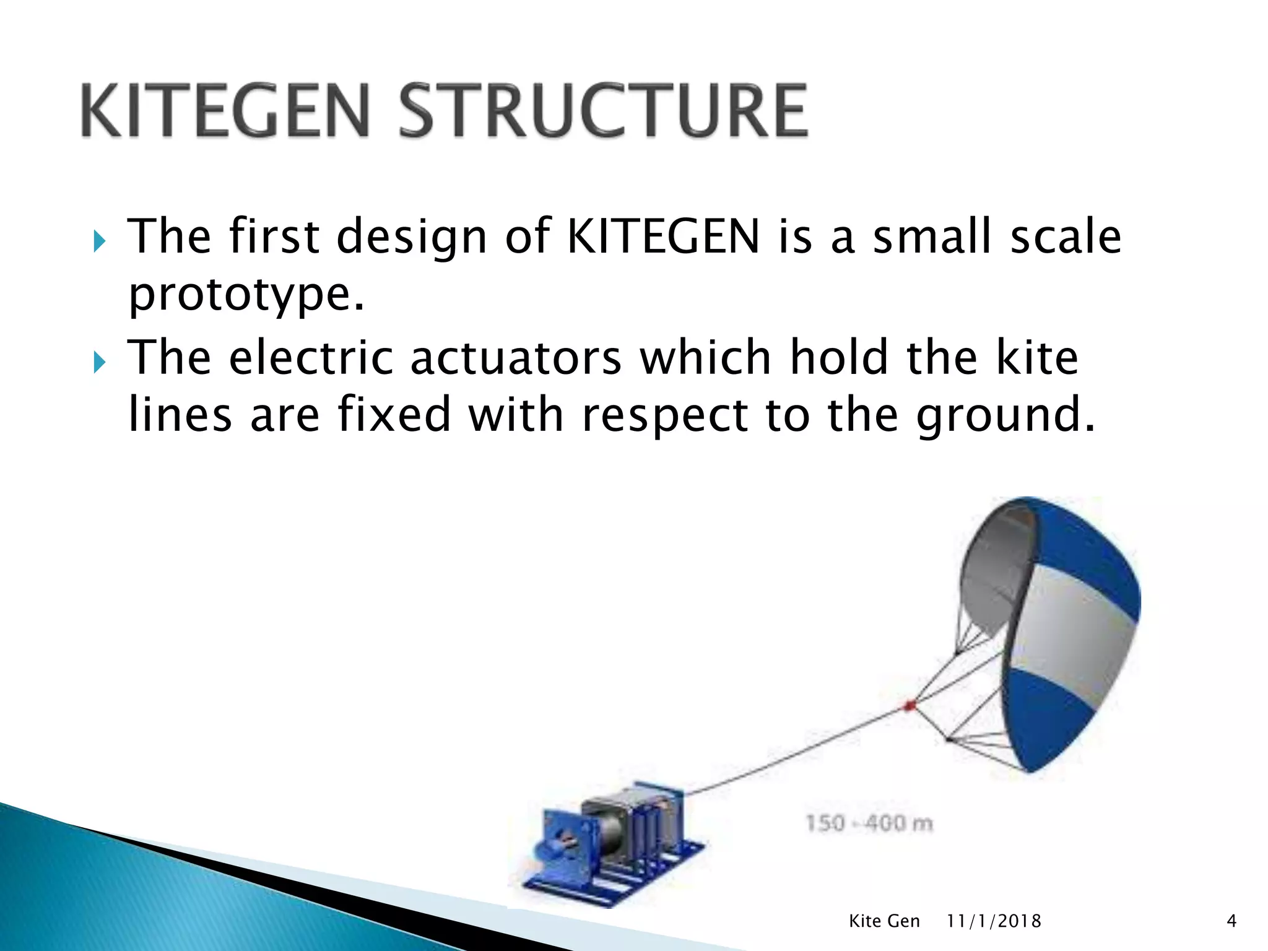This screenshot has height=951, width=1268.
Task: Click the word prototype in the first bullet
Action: coord(246,294)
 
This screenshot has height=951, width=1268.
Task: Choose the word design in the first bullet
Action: coord(412,237)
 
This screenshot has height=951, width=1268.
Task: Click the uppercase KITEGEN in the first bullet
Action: coord(663,237)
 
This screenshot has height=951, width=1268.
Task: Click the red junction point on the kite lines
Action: coord(910,705)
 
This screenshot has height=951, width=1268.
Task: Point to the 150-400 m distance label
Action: coord(869,823)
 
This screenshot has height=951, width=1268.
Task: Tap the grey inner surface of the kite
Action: coord(991,570)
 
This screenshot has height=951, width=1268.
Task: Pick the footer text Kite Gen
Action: coord(884,921)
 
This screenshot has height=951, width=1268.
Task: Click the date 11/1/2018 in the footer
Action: coord(994,921)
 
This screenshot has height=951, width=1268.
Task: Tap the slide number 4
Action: coord(1231,921)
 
